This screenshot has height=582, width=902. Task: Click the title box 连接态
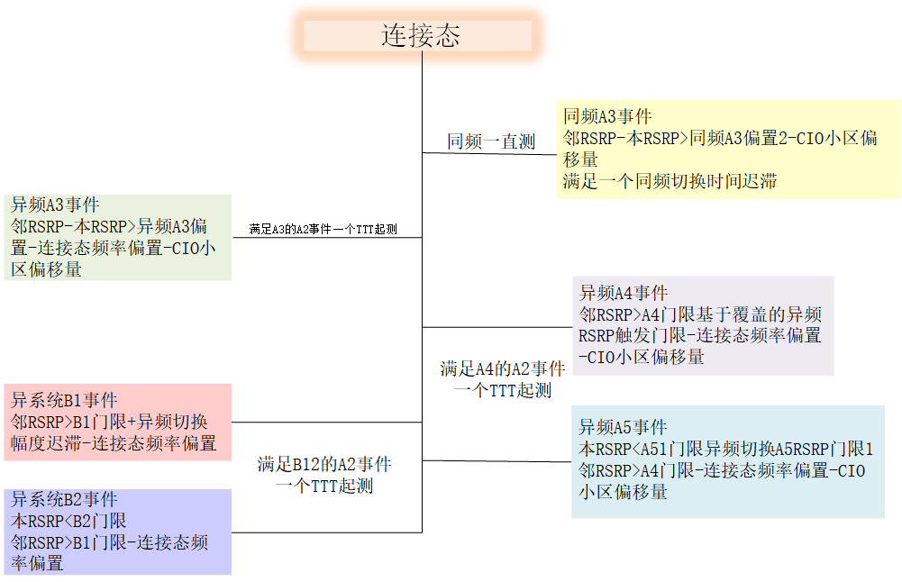419,36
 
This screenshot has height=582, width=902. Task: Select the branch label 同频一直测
491,141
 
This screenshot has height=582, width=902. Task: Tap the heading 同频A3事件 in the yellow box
607,116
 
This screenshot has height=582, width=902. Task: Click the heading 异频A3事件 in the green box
55,205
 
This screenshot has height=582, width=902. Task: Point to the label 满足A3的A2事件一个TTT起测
323,230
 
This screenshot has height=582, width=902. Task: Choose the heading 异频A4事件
623,293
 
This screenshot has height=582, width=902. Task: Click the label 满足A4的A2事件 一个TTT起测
502,379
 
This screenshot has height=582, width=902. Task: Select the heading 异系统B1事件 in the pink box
64,400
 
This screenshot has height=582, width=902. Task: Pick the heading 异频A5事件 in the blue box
623,427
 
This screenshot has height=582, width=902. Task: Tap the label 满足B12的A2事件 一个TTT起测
323,475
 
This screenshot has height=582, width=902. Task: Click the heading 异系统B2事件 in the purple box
64,500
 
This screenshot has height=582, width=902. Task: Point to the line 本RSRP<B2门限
68,521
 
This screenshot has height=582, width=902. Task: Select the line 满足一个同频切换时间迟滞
670,181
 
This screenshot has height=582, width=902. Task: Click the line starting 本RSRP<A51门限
725,449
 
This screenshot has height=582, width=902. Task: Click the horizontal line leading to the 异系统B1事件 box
326,422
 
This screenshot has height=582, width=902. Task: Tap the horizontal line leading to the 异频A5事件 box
496,461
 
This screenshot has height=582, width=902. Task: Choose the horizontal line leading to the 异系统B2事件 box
326,532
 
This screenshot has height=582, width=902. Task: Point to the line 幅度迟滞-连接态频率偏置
114,443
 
